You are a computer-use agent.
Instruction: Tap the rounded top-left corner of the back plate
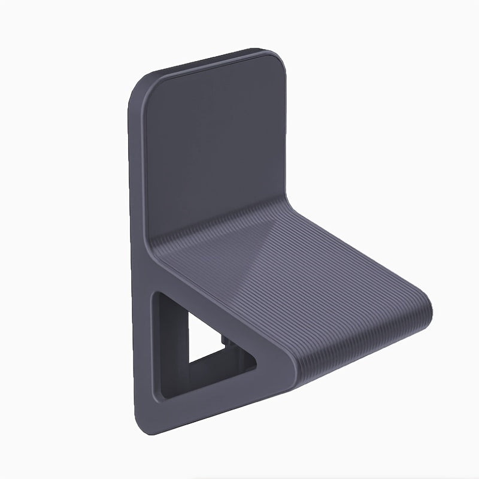tap(144, 84)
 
